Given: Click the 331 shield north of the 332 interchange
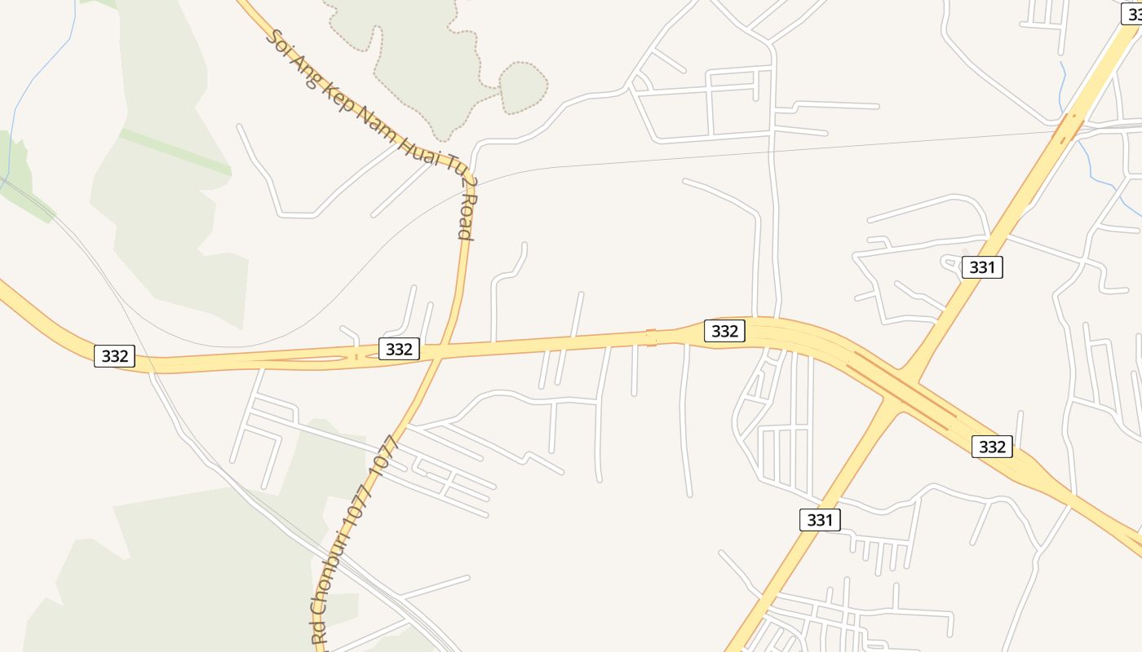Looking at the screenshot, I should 981,267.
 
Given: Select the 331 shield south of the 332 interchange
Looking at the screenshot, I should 820,520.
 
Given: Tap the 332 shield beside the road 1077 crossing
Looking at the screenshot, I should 399,349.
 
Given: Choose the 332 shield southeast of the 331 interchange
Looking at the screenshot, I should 992,447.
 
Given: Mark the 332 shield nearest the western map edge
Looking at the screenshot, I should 115,356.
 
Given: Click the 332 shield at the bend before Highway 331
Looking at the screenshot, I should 724,331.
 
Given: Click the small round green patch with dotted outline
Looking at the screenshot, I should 522,86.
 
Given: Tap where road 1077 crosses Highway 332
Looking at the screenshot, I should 438,352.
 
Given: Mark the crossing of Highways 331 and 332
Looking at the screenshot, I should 901,390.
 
